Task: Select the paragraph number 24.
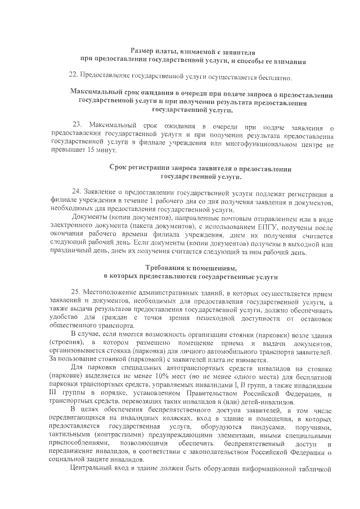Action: tap(77, 192)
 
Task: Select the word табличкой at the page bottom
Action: tap(315, 481)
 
